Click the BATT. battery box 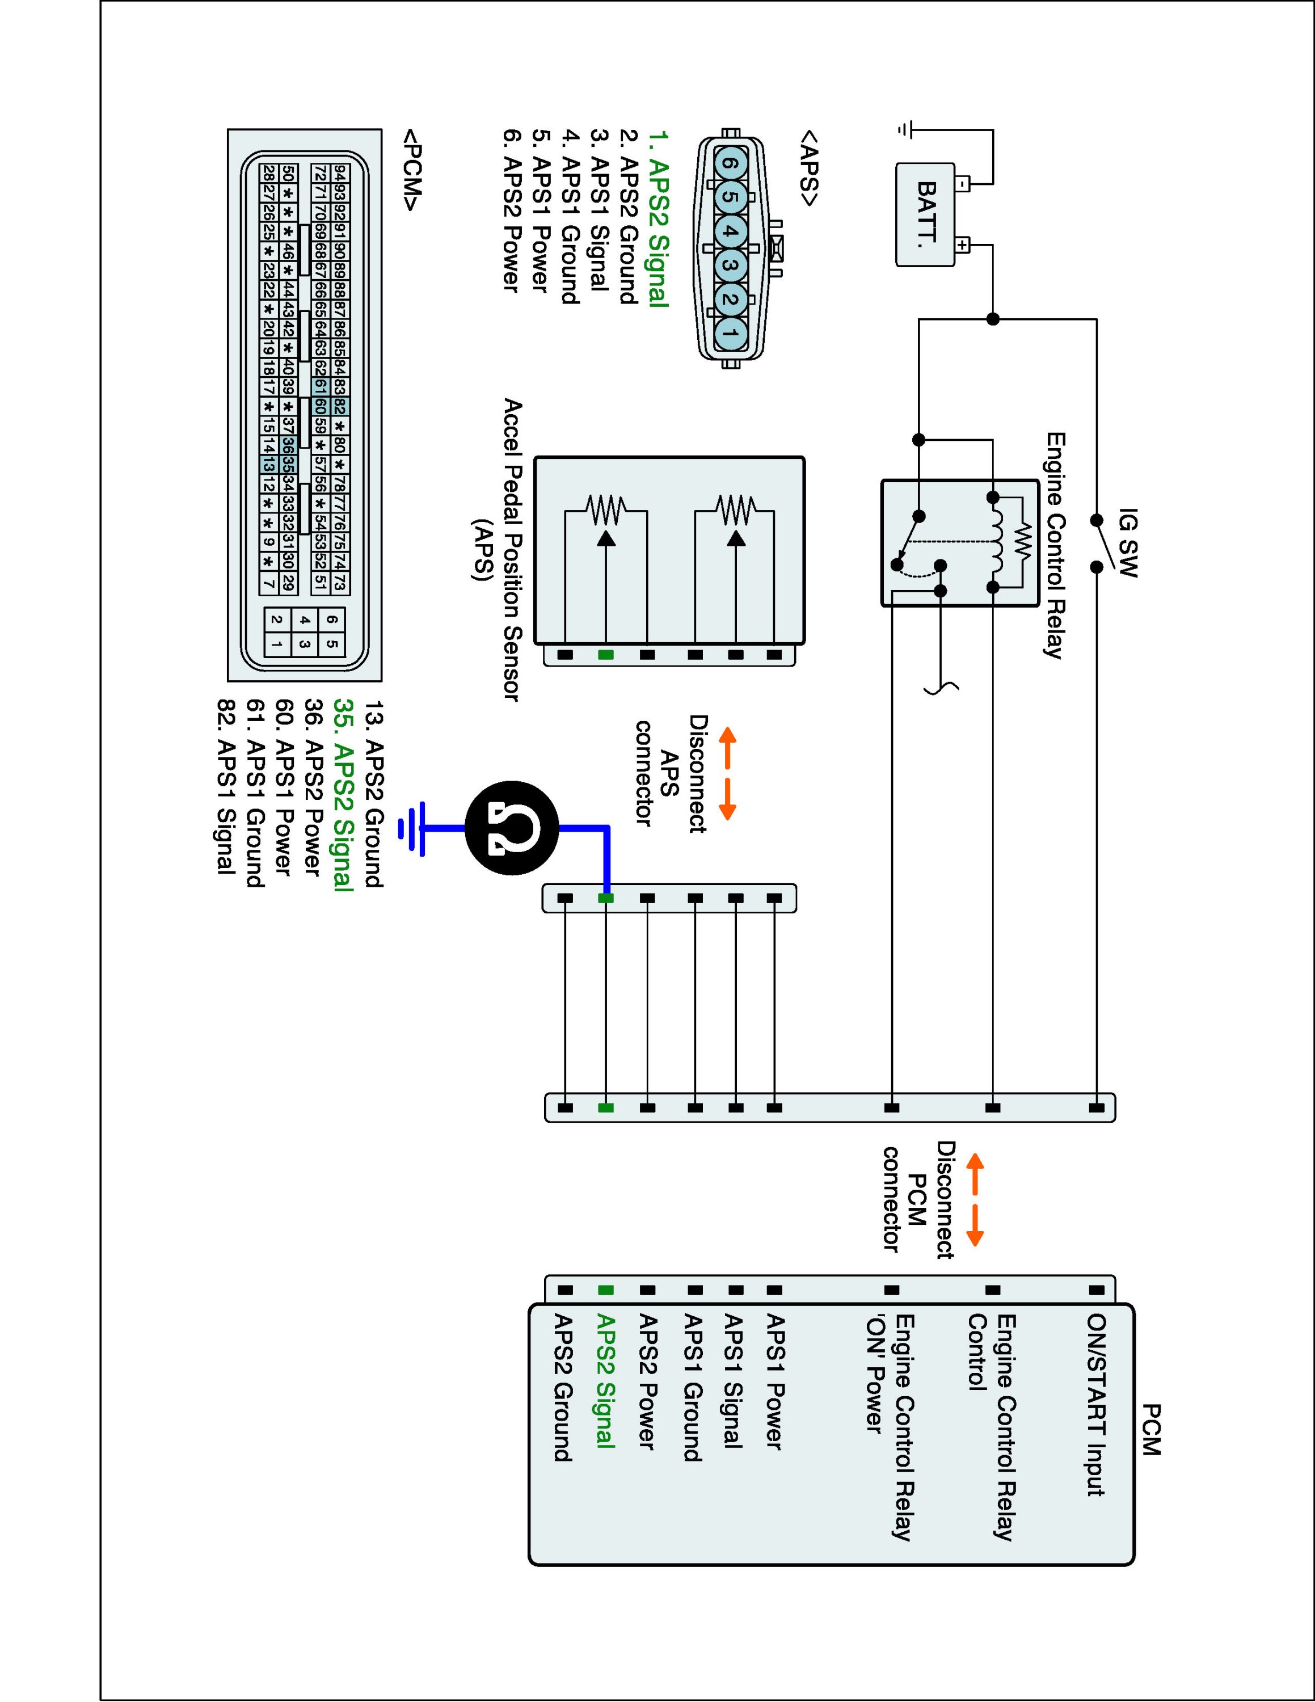[x=925, y=215]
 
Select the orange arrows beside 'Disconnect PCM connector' [x=975, y=1200]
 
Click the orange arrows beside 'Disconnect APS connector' [x=727, y=774]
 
